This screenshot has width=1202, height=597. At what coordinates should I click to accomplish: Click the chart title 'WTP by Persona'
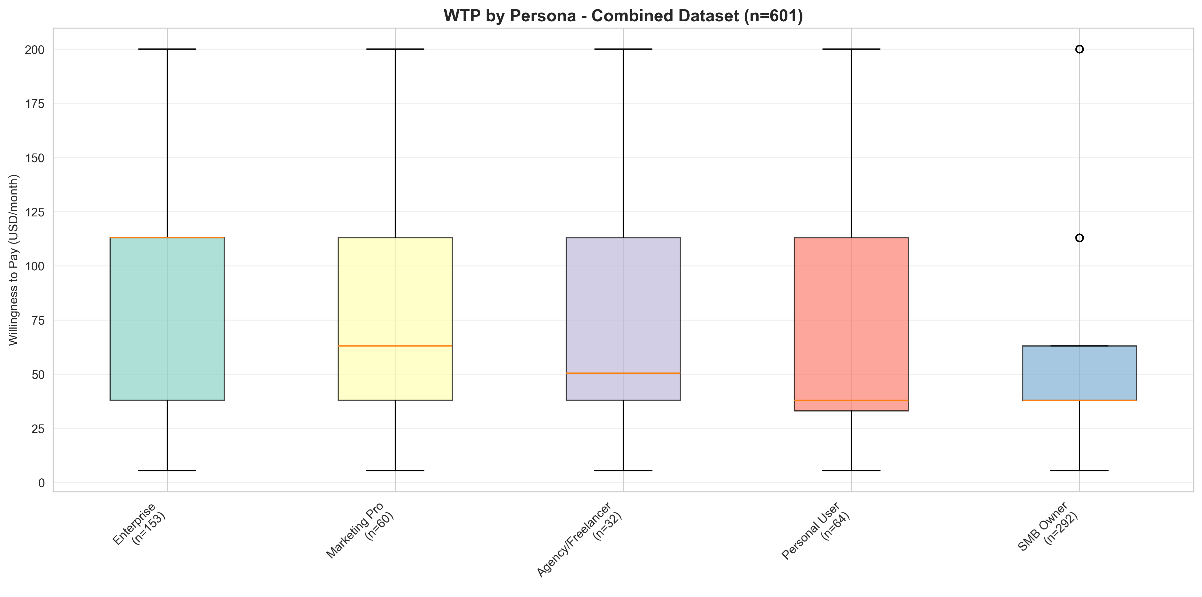click(x=623, y=16)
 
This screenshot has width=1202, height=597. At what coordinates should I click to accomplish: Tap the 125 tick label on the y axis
click(x=35, y=212)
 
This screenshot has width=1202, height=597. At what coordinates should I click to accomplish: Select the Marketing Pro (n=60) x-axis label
click(x=360, y=530)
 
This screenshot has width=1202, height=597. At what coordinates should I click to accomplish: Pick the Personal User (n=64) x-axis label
click(x=816, y=530)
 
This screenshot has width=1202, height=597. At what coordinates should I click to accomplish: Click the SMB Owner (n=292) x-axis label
click(x=1047, y=527)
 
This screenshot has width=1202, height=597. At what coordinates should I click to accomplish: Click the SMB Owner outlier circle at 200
click(x=1079, y=49)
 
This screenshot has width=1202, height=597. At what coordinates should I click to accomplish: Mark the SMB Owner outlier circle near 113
click(x=1079, y=238)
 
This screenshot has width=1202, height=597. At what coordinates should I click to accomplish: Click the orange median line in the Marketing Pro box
click(x=395, y=346)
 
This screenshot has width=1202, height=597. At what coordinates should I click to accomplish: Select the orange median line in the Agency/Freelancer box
click(x=623, y=373)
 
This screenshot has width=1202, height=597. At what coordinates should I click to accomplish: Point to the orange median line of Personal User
click(x=851, y=400)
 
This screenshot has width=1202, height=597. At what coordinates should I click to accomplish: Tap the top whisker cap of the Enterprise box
click(x=167, y=49)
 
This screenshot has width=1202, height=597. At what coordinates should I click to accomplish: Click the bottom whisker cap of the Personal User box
click(x=851, y=470)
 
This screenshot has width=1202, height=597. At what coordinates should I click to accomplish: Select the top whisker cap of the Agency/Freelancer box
click(x=623, y=49)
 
